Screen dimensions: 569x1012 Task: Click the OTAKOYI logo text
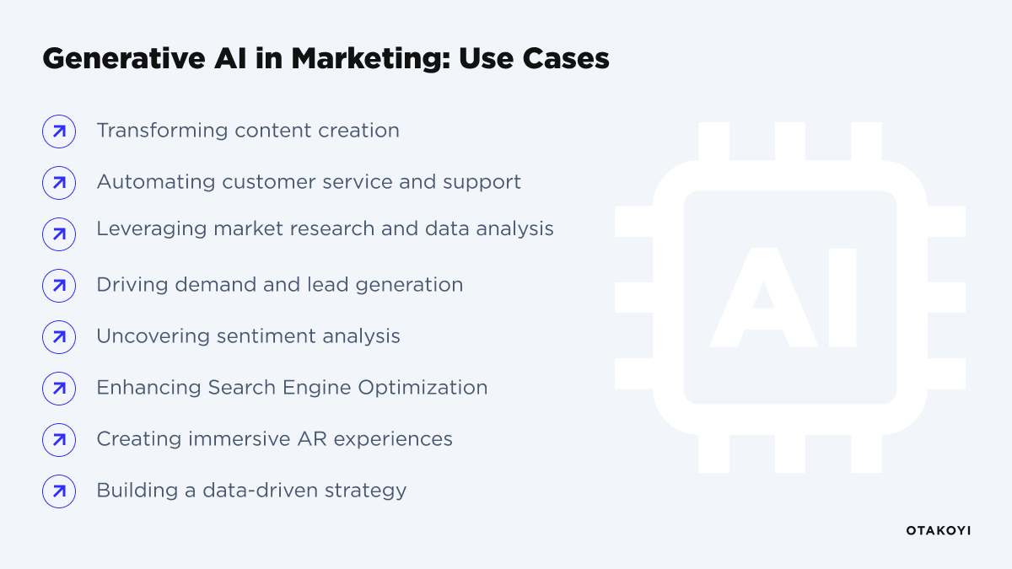coord(938,530)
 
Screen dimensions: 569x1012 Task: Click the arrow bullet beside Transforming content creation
coord(59,132)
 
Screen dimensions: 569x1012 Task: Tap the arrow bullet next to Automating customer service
coord(59,183)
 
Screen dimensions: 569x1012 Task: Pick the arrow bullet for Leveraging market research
coord(59,234)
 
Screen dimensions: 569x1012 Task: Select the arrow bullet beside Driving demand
coord(59,286)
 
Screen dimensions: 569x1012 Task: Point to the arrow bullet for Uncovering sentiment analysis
coord(59,337)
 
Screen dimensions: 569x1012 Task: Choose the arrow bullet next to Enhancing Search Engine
coord(59,389)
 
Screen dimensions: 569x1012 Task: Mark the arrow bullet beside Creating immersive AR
coord(59,440)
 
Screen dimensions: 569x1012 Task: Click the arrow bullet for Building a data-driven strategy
coord(59,491)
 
